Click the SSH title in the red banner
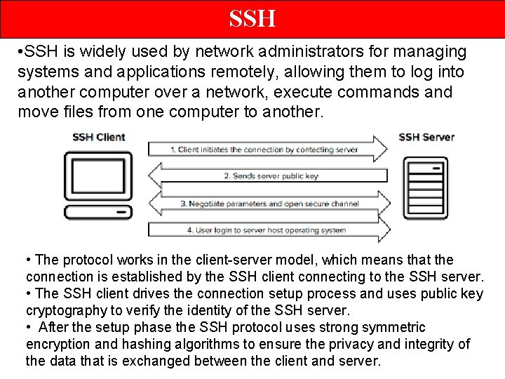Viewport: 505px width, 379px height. pos(252,18)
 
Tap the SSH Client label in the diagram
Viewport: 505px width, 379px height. pos(99,137)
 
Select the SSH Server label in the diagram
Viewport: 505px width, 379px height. pos(426,137)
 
